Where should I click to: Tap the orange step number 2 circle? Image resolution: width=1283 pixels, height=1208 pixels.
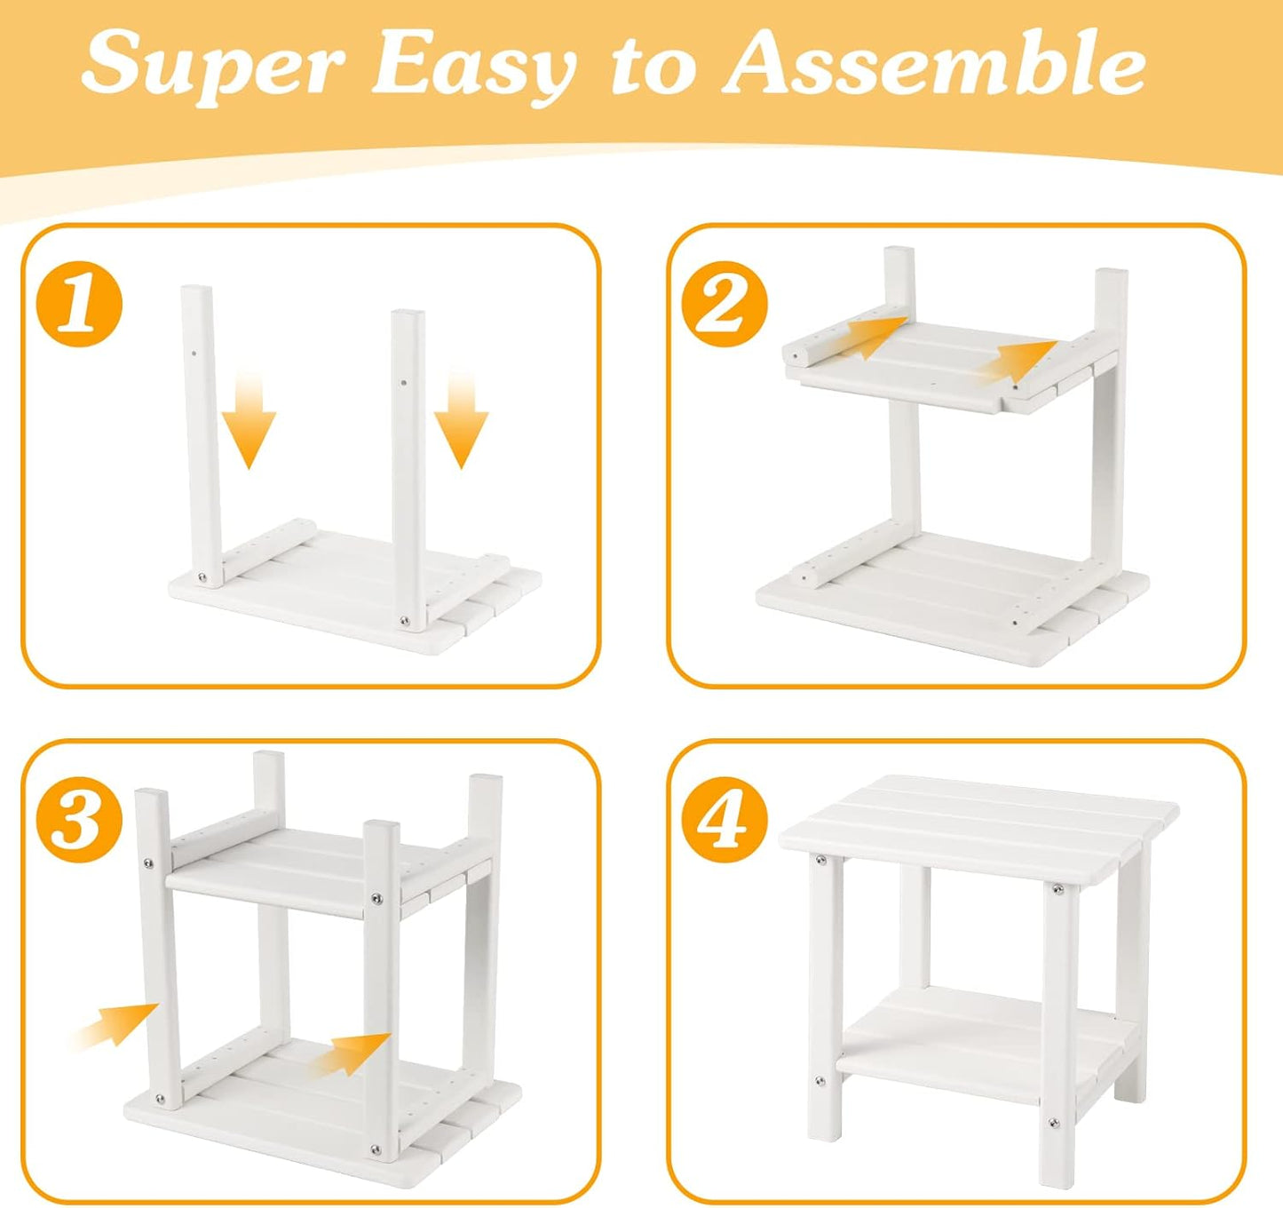726,304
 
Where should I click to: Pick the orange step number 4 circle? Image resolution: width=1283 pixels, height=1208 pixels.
726,820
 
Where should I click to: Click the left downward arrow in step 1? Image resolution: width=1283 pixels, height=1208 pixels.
249,419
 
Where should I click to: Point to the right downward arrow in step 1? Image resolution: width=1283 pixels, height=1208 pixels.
462,419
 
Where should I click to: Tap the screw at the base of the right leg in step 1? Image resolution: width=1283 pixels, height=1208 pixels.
406,622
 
